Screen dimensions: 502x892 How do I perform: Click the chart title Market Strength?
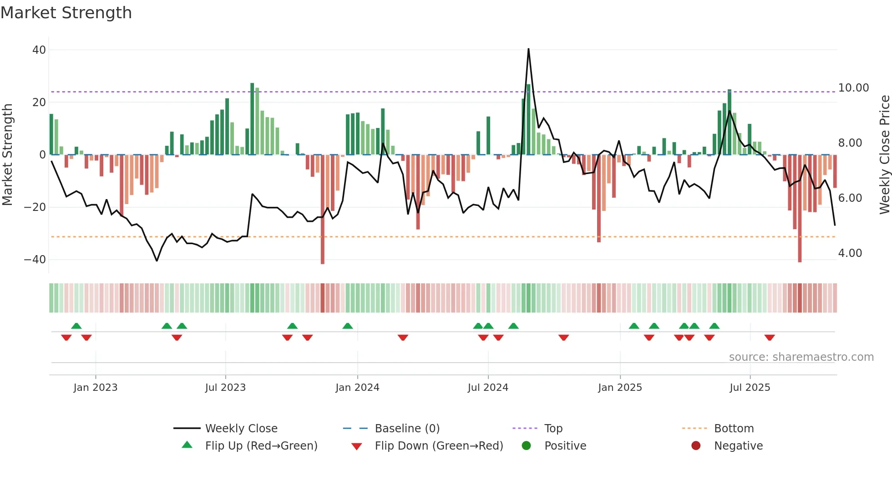(x=66, y=13)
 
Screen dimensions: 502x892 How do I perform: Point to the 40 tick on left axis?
(x=39, y=50)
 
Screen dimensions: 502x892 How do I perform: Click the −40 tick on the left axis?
(x=35, y=260)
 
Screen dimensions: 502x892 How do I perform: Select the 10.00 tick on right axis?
(x=853, y=88)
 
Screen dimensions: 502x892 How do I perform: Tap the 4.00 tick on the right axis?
(x=850, y=253)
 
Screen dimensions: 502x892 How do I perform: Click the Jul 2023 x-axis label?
(x=225, y=388)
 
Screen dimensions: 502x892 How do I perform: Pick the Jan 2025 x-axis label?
(x=620, y=388)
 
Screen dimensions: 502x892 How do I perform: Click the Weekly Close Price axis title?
(x=884, y=155)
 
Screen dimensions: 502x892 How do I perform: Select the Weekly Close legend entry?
(x=241, y=429)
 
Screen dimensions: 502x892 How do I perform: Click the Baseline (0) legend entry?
(x=407, y=429)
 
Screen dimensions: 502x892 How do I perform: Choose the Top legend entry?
(x=553, y=429)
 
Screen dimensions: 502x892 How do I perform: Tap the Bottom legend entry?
(x=734, y=429)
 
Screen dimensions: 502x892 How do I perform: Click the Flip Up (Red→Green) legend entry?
(x=261, y=446)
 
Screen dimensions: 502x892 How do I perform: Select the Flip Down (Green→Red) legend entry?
(x=439, y=446)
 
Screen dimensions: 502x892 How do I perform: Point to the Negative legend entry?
(x=738, y=446)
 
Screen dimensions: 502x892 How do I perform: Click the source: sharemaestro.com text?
(x=801, y=357)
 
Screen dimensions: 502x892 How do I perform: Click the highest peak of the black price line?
(x=528, y=49)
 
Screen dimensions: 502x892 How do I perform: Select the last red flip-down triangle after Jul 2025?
(x=770, y=338)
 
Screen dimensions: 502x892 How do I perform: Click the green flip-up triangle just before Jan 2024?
(x=348, y=326)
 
